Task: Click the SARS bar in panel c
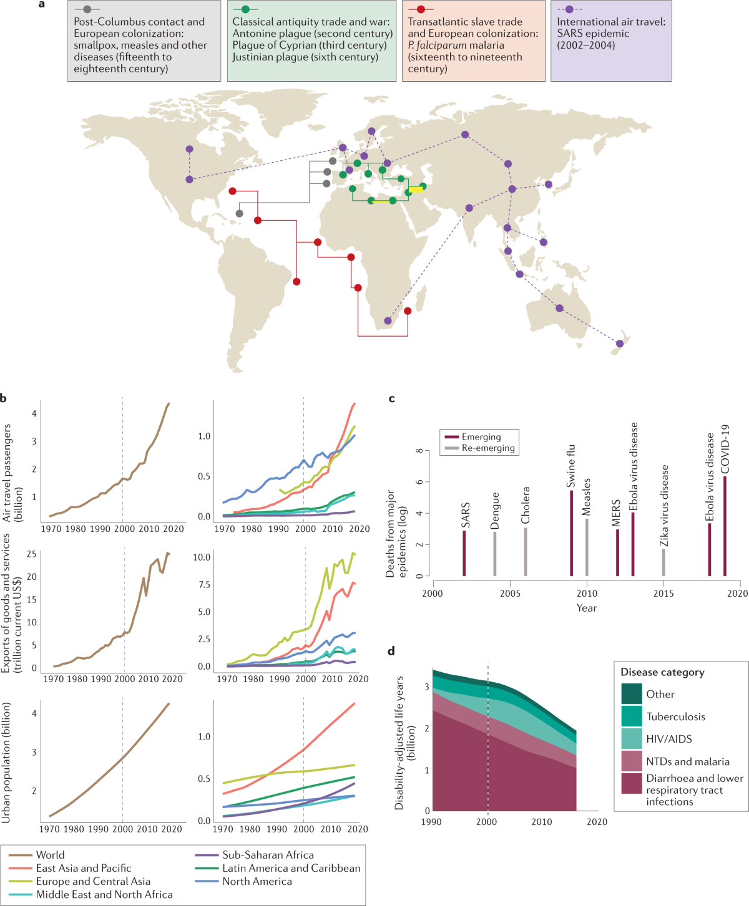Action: pos(464,553)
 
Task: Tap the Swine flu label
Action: pos(571,466)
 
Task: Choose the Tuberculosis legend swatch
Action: pos(632,716)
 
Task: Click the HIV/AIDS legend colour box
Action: pos(632,738)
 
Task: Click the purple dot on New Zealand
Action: pos(620,344)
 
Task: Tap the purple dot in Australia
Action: pos(559,308)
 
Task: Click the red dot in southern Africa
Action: pos(408,311)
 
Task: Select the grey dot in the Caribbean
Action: pos(240,213)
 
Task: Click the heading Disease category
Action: pos(662,672)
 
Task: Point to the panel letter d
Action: pos(391,652)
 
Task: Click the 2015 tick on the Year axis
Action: pos(663,593)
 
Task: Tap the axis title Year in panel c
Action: pos(586,608)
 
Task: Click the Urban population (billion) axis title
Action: pos(6,762)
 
